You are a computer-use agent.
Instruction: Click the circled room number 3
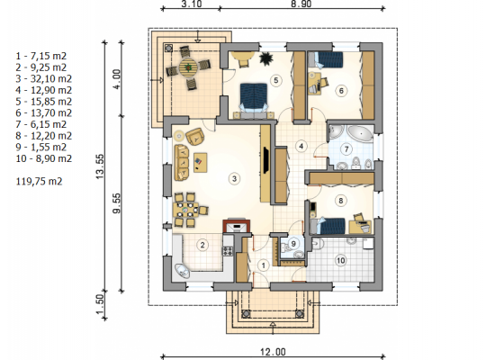pos(234,179)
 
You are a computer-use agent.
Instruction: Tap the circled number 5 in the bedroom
pos(276,80)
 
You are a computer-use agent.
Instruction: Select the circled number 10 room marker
pos(340,260)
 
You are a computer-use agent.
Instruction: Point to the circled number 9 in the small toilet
pos(293,244)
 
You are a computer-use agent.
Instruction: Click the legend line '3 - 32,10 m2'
pos(44,78)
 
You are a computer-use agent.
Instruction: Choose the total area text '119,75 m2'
pos(39,181)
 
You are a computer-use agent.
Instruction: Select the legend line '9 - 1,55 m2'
pos(41,147)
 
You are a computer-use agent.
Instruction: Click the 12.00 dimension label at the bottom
pos(273,352)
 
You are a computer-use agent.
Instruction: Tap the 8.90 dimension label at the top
pos(300,4)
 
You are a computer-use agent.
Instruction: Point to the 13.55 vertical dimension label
pos(100,166)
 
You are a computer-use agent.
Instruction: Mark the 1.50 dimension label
pos(100,305)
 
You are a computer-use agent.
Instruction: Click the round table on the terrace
pos(188,67)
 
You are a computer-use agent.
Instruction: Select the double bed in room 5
pos(254,97)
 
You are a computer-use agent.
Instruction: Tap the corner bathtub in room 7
pos(360,133)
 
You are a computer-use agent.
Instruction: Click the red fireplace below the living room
pos(237,226)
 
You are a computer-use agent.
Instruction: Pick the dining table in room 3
pos(185,210)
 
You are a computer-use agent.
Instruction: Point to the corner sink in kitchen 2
pos(182,271)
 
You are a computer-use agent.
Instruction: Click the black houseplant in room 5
pos(266,58)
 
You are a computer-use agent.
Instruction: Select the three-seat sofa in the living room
pos(182,162)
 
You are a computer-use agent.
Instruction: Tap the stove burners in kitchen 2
pos(228,251)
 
